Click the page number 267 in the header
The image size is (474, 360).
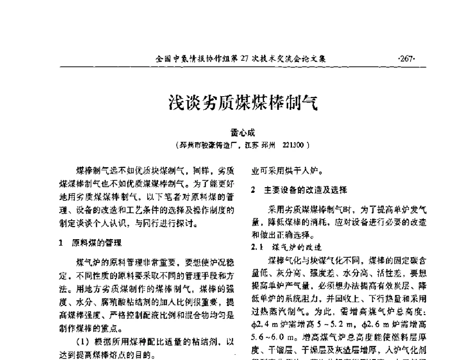point(407,59)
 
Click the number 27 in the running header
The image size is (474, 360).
point(245,59)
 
